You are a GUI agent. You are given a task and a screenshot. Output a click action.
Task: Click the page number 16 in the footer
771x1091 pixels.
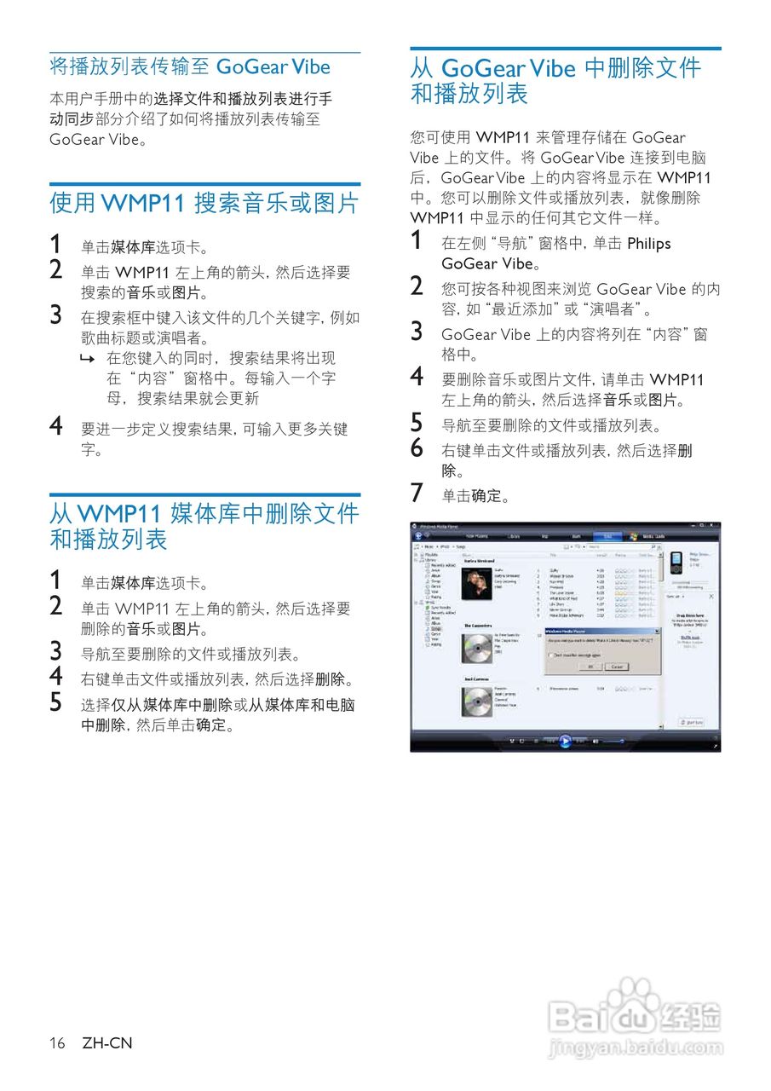57,1043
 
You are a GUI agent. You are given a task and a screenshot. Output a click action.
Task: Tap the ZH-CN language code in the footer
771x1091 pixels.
107,1043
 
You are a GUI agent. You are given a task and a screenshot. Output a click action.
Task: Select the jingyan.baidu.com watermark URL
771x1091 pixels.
635,1048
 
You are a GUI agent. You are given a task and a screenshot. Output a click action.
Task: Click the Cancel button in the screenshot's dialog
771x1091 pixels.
617,666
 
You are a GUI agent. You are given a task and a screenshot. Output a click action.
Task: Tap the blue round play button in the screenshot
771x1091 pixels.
564,741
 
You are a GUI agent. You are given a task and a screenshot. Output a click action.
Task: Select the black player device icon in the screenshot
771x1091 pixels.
675,563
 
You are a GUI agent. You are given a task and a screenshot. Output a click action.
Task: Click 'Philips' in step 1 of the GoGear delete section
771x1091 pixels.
649,244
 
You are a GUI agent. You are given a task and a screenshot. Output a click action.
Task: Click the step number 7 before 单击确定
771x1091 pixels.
417,493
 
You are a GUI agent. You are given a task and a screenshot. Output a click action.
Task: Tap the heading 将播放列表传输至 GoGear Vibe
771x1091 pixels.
190,66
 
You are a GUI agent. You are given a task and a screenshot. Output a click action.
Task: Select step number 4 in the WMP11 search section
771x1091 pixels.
56,425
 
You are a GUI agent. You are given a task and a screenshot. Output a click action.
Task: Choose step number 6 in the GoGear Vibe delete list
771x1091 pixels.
417,447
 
